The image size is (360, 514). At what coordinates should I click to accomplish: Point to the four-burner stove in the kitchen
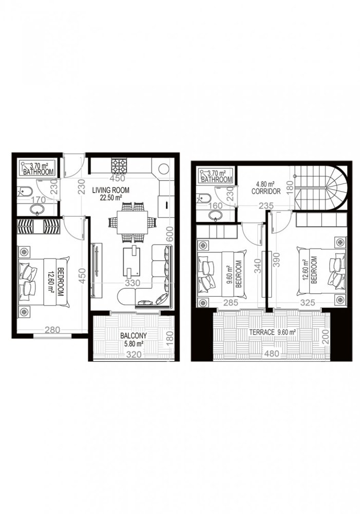[x=120, y=165]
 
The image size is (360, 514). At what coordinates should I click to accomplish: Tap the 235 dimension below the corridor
[x=265, y=206]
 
